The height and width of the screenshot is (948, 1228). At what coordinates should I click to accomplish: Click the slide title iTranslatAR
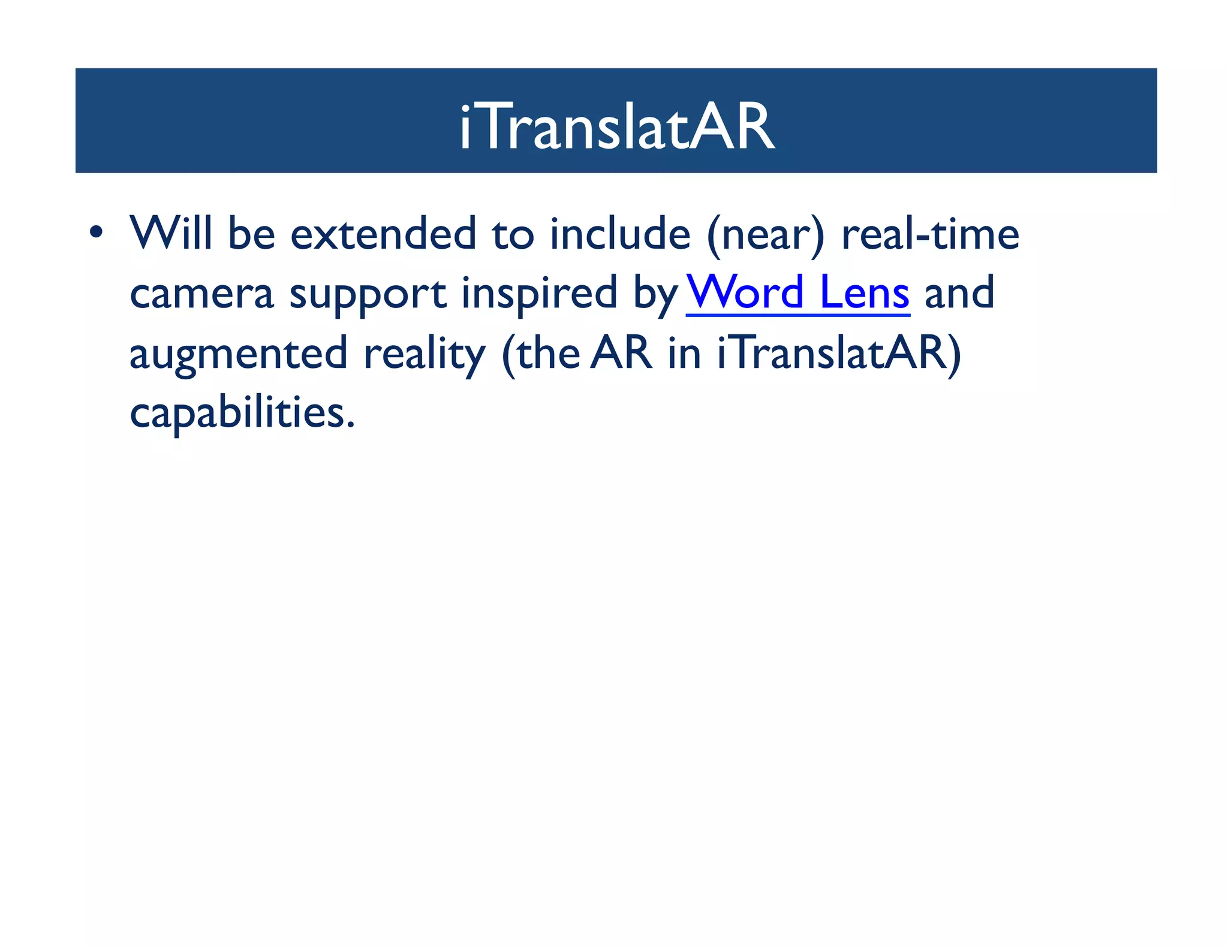coord(617,127)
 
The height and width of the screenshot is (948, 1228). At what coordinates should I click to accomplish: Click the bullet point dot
coord(96,232)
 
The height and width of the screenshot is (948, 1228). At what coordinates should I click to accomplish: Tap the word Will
coord(171,233)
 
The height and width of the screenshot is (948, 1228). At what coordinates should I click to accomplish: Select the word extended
coord(383,233)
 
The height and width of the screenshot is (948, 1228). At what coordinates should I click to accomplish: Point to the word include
coord(620,233)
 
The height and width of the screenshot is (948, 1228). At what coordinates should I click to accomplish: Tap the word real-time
coord(930,233)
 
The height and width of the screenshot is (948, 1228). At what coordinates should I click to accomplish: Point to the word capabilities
coord(242,413)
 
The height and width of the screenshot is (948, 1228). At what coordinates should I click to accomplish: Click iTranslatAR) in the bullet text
coord(839,354)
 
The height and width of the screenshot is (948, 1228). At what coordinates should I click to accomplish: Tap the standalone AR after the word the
coord(622,353)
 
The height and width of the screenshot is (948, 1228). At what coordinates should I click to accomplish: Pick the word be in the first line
coord(251,233)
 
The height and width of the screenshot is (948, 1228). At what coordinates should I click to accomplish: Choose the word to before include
coord(513,234)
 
